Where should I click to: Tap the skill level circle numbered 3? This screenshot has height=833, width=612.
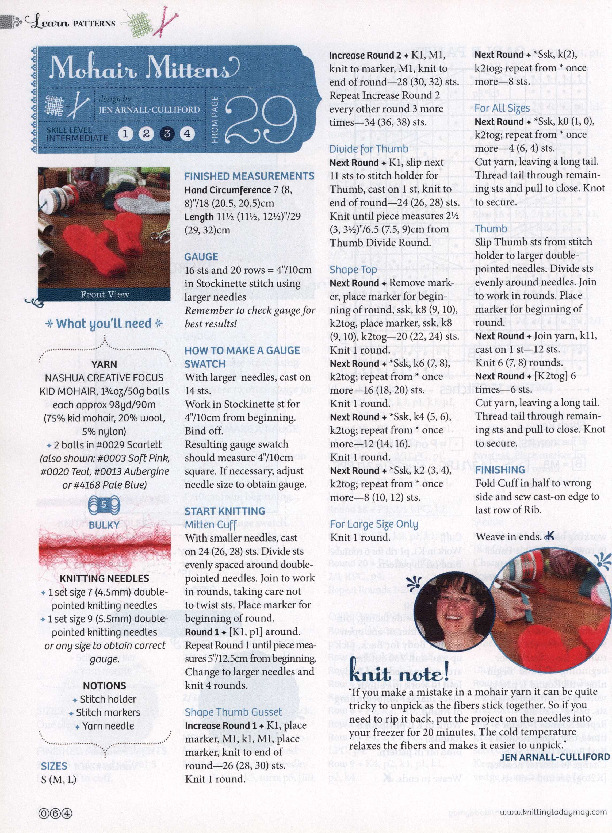[167, 133]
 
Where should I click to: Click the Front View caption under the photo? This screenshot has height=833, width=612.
[105, 294]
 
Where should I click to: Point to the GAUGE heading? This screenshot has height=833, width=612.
[201, 257]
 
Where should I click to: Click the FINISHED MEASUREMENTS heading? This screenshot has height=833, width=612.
[249, 176]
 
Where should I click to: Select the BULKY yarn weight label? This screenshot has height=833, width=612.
[104, 525]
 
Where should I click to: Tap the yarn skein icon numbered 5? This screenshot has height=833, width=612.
[104, 504]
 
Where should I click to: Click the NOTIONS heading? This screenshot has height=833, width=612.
[105, 686]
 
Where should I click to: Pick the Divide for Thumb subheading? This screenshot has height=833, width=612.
[369, 149]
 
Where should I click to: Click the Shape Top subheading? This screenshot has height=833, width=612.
[353, 270]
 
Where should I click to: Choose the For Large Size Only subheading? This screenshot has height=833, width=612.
[374, 524]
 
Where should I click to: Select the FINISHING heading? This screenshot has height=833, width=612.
[500, 470]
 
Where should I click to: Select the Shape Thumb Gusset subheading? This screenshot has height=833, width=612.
[234, 712]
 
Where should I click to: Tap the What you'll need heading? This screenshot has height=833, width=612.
[104, 323]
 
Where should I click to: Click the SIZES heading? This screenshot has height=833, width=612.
[54, 756]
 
